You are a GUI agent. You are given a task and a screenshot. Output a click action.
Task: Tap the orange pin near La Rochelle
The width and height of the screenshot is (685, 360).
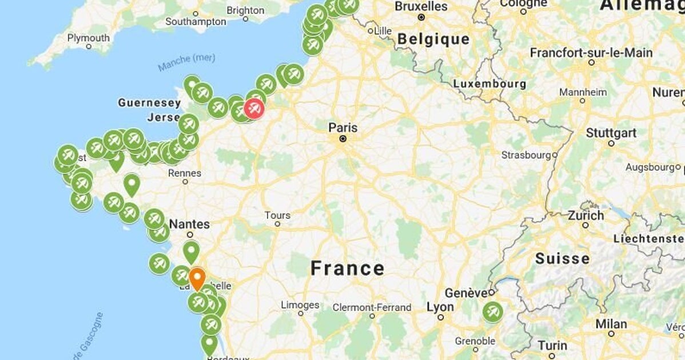[x=197, y=279]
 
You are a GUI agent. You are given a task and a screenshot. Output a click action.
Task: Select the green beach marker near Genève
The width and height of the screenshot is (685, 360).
[x=492, y=313]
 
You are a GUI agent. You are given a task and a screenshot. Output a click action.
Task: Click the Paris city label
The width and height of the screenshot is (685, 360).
[x=342, y=127]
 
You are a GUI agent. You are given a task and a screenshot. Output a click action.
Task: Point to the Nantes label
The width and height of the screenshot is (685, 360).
[x=189, y=225]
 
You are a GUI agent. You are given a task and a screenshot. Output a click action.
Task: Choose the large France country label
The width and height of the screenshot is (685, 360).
[x=347, y=268]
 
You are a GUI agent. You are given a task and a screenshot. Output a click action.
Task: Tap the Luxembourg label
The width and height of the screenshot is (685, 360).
[x=489, y=83]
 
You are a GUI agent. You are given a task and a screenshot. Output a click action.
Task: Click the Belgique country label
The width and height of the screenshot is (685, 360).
[x=433, y=39]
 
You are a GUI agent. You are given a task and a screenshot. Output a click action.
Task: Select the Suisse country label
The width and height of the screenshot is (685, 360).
[x=562, y=259]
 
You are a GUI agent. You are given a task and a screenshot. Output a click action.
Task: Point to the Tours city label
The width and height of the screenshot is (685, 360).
[x=277, y=215]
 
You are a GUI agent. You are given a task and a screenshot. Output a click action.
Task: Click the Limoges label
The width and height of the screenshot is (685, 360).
[x=300, y=305]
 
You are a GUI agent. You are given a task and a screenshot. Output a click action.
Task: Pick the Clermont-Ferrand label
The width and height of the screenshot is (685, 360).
[x=372, y=307]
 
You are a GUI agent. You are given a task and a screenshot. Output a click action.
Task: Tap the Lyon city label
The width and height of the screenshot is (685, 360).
[x=440, y=307]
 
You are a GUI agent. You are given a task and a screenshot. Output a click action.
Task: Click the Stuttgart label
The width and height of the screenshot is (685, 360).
[x=611, y=133]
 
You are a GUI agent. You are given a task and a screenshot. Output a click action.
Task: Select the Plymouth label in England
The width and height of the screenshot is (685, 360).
[x=89, y=38]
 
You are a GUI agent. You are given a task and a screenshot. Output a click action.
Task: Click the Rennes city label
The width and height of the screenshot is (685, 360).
[x=185, y=173]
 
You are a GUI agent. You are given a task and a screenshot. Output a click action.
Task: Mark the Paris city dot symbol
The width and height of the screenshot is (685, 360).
[x=342, y=138]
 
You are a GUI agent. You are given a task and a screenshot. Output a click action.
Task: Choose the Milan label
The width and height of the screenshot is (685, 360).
[x=611, y=324]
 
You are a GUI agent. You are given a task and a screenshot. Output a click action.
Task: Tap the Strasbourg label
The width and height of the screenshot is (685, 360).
[x=526, y=155]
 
